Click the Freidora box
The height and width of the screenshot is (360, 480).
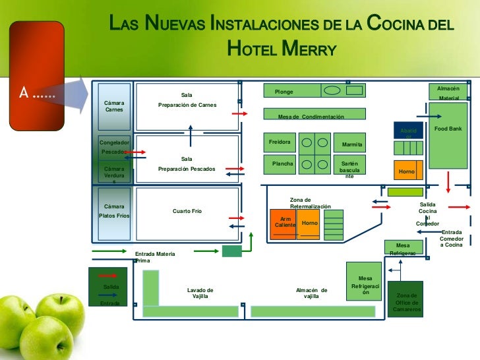(x=280, y=142)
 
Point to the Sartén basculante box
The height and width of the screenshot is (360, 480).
(x=349, y=168)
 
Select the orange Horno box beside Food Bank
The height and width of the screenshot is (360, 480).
(x=407, y=170)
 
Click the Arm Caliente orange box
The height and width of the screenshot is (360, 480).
(x=285, y=223)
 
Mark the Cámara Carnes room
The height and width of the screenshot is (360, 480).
(x=114, y=106)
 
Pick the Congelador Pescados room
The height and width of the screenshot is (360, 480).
(x=114, y=147)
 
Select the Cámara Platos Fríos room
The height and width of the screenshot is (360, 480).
(x=114, y=212)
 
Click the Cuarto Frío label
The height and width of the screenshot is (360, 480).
(x=187, y=211)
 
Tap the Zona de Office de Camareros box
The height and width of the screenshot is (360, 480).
(x=405, y=302)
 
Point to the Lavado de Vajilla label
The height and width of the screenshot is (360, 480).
(x=200, y=293)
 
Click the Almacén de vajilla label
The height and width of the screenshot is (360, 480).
(x=311, y=293)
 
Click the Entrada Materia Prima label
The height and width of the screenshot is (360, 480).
(x=155, y=257)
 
